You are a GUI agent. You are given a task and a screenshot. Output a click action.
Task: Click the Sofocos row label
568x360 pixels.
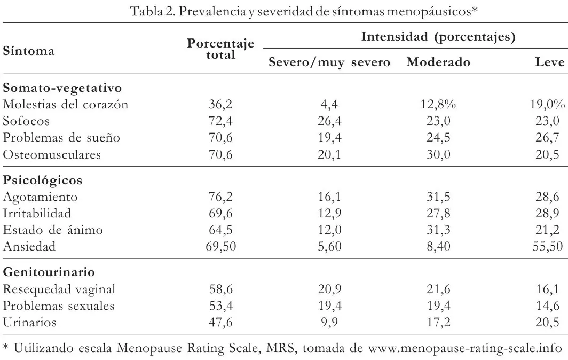pos(26,121)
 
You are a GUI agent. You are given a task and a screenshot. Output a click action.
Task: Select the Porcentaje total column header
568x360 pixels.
pos(220,49)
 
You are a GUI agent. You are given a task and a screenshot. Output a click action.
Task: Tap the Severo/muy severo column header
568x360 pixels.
pos(329,62)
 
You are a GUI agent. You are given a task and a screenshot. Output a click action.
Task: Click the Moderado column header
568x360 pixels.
pos(438,62)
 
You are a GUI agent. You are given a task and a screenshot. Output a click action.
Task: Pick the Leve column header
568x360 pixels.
pos(550,62)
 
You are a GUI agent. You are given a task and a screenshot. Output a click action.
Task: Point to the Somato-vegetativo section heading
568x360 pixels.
pos(62,88)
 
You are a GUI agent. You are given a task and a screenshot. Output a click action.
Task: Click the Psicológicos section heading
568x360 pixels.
pos(43,180)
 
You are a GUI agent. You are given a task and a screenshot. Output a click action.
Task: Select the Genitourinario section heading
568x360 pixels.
pos(49,272)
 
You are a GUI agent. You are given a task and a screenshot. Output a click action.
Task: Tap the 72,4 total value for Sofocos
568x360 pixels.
pos(220,121)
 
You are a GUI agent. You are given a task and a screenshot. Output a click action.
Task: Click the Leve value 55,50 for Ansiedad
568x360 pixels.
pos(548,247)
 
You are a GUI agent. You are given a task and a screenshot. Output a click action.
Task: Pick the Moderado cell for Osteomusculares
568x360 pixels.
pos(438,155)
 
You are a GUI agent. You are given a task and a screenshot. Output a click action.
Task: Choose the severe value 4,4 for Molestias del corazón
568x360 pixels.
pos(329,105)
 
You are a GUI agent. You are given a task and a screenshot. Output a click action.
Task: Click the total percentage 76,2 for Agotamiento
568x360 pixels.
pos(220,197)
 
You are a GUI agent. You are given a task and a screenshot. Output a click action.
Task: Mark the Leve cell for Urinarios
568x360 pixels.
pos(548,322)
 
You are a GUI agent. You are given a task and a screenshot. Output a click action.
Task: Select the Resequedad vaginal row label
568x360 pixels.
pos(59,289)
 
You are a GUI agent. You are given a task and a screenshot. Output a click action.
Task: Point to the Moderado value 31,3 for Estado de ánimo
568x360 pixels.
pos(438,230)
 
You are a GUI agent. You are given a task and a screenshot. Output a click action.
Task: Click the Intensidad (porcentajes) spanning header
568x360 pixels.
pos(438,37)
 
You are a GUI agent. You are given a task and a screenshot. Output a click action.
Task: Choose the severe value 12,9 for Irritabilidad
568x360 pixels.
pos(329,214)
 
